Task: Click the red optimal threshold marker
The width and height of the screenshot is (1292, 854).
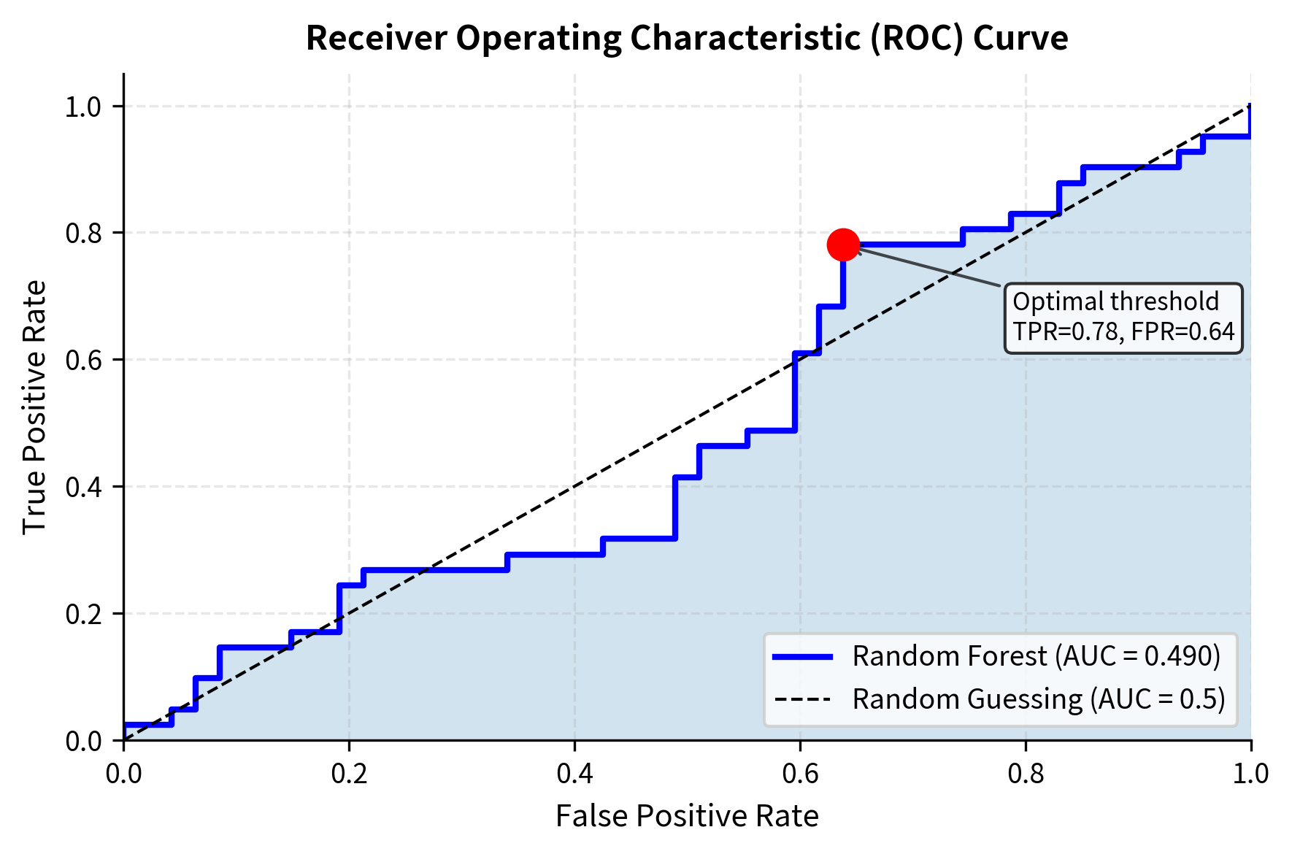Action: [843, 245]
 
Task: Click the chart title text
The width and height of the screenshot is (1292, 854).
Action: [686, 38]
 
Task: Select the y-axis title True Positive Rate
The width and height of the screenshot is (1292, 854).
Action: [34, 407]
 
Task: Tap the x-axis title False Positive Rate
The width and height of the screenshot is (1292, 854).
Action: [686, 816]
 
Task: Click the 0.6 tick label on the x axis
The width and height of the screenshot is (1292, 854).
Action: [800, 774]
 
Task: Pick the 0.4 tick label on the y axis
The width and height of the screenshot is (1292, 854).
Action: [85, 487]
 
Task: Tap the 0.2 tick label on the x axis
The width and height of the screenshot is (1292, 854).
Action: [349, 774]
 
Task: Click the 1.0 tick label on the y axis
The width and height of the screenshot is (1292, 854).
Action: [85, 107]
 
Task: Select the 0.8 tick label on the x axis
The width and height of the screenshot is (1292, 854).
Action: [1026, 774]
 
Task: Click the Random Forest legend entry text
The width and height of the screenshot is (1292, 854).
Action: [1036, 656]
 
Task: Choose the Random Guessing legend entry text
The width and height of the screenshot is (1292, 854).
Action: [1038, 699]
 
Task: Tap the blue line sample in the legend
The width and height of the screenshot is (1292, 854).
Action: [802, 657]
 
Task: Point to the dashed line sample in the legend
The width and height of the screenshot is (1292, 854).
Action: [802, 699]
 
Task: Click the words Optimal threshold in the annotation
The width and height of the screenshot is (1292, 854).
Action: [1115, 301]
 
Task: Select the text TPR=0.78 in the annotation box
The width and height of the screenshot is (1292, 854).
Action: [1066, 332]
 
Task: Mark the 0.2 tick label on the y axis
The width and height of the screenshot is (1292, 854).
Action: [85, 614]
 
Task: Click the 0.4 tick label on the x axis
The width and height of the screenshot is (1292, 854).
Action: [574, 774]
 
